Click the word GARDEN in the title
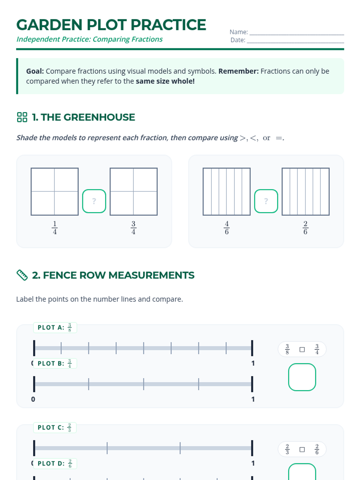coord(49,25)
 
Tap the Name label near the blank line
coord(239,32)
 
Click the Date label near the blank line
coord(238,40)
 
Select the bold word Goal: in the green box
coord(35,71)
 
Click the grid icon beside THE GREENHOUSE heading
coord(22,117)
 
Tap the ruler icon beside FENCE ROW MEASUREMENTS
coord(22,275)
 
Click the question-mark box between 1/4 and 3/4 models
coord(94,201)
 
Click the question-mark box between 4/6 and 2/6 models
coord(266,201)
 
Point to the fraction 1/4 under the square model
coord(55,228)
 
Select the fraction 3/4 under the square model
coord(133,228)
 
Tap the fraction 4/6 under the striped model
coord(227,228)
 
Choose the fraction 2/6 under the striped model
coord(305,228)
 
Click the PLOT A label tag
coord(55,328)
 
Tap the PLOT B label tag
coord(55,363)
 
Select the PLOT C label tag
coord(55,427)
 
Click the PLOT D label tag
coord(55,463)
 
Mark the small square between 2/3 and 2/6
coord(302,450)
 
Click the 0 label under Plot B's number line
coord(33,399)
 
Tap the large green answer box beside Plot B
coord(302,377)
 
